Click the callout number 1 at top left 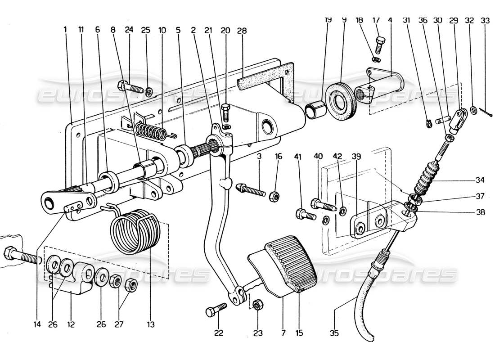tap(66, 30)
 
